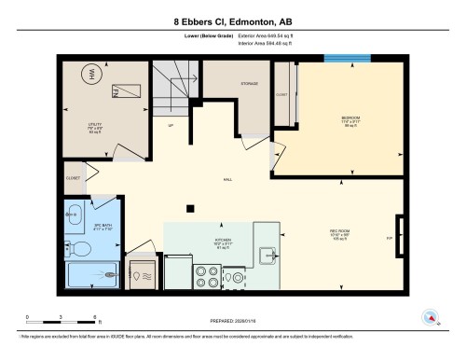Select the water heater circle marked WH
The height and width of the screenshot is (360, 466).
[x=92, y=73]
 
